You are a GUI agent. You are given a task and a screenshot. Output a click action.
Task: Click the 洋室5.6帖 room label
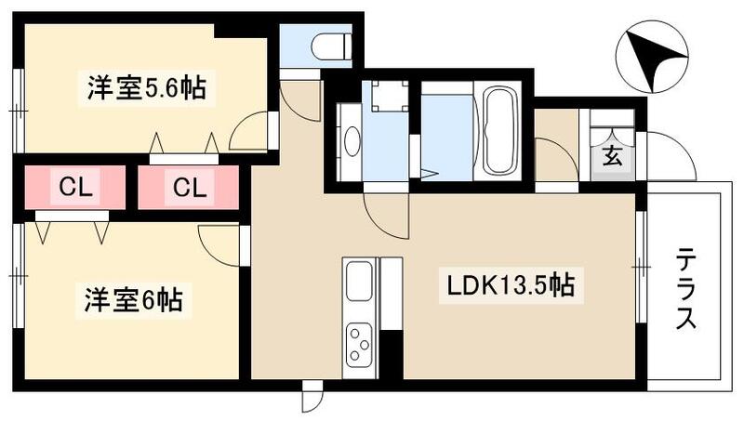tap(146, 90)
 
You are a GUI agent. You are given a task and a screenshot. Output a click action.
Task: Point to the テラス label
tap(686, 288)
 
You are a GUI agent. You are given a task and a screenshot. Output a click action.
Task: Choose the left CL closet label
tap(73, 188)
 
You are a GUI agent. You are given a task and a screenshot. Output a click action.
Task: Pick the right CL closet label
tap(189, 188)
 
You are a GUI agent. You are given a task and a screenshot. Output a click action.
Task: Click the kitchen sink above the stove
tap(358, 280)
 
